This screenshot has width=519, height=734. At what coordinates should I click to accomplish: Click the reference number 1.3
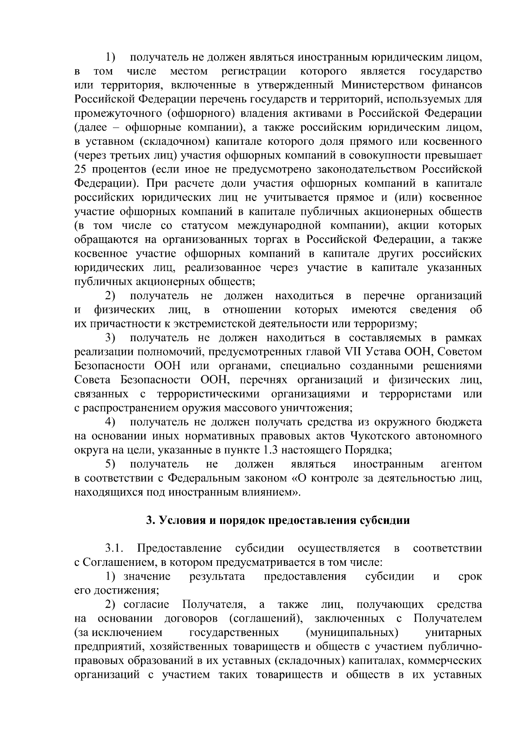click(x=273, y=450)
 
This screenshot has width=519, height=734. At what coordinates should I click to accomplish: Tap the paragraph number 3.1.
click(x=114, y=549)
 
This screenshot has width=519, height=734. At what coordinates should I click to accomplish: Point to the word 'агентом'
click(x=461, y=464)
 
